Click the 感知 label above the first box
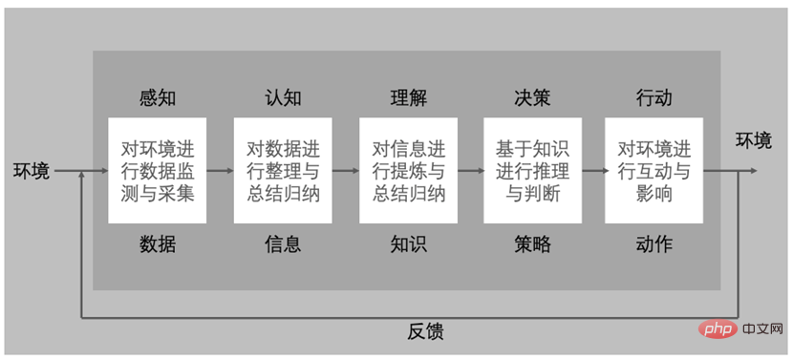click(x=158, y=98)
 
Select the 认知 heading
click(x=283, y=98)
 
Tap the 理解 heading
click(x=409, y=98)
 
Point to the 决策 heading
click(x=532, y=98)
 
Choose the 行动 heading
click(x=654, y=98)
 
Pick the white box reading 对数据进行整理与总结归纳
click(x=283, y=171)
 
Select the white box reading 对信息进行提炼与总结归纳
click(x=409, y=171)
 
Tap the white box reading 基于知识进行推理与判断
click(x=532, y=171)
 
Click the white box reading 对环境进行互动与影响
click(x=654, y=171)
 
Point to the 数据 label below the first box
click(x=158, y=244)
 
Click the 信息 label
click(x=283, y=244)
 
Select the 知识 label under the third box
click(x=409, y=244)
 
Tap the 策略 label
click(x=532, y=244)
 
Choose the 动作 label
click(x=654, y=244)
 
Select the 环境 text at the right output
click(x=754, y=141)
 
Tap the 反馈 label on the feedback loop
click(x=426, y=332)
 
